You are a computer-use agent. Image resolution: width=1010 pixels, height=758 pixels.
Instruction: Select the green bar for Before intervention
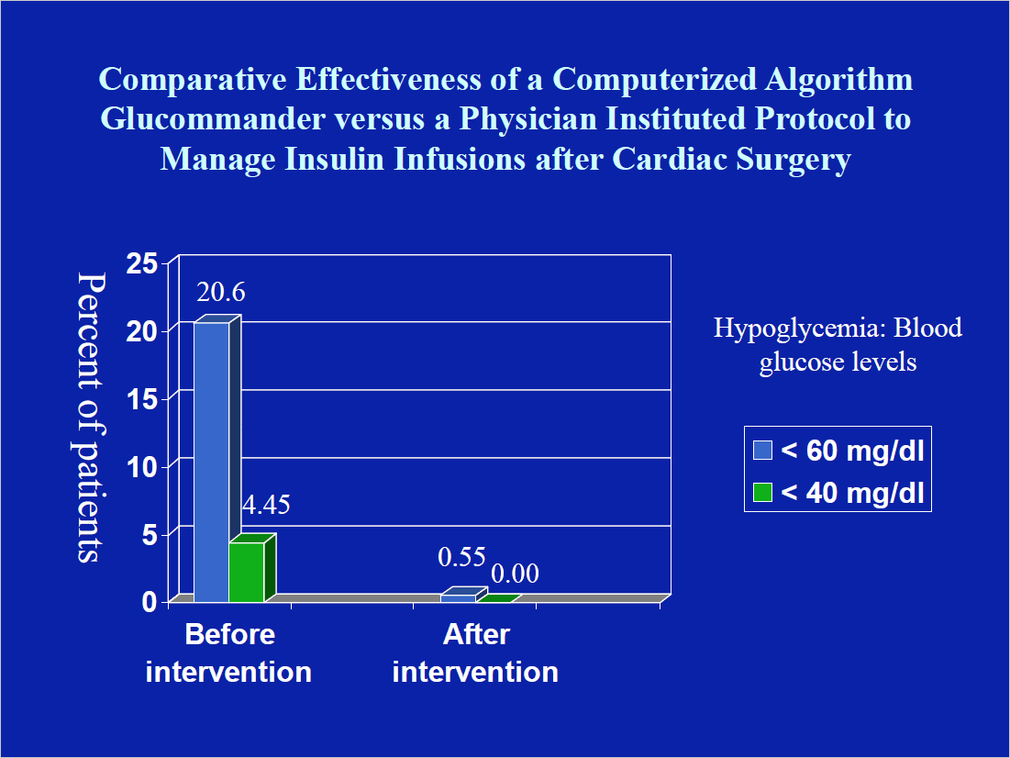tap(246, 573)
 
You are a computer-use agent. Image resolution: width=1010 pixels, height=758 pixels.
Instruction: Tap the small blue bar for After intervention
tap(459, 598)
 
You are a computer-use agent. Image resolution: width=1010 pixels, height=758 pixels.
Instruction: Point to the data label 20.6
tap(220, 293)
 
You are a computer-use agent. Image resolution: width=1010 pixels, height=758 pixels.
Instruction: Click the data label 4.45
tap(265, 505)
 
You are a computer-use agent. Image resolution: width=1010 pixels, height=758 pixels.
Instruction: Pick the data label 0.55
tap(461, 556)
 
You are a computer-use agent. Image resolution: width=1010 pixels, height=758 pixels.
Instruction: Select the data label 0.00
tap(515, 574)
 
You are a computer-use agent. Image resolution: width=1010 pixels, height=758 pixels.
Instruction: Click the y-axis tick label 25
tap(142, 264)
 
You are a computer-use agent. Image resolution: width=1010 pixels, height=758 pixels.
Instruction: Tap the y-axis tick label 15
tap(142, 399)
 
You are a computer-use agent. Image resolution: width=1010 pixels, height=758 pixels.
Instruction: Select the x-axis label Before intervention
tap(229, 652)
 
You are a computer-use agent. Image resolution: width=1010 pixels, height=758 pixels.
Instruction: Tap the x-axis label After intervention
tap(475, 652)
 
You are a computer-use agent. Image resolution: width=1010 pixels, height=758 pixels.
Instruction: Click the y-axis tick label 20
tap(142, 332)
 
